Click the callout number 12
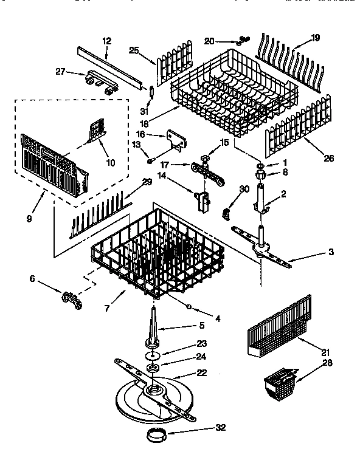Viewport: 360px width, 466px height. tap(107, 41)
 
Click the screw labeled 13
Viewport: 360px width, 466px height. tap(148, 160)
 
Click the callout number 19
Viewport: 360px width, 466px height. tap(315, 37)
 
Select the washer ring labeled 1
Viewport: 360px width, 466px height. tap(260, 165)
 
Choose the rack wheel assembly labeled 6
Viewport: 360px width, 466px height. tap(71, 299)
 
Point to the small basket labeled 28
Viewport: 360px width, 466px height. tap(279, 385)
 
